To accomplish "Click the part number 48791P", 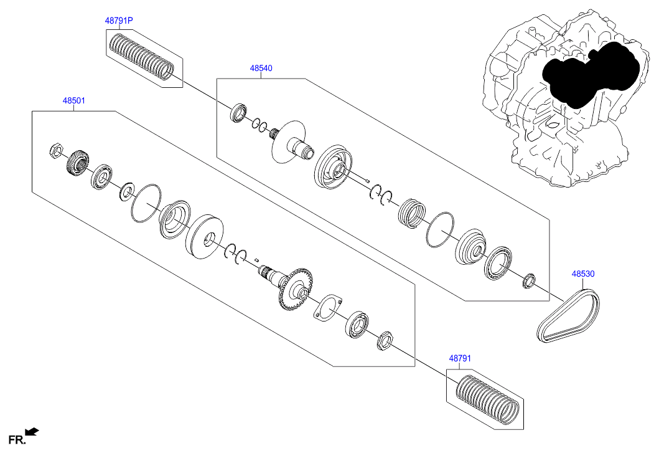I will [x=118, y=21].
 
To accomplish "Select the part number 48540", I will [x=261, y=68].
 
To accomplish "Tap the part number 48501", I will [x=73, y=100].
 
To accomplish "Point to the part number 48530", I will [x=583, y=274].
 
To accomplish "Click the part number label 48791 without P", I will [x=461, y=358].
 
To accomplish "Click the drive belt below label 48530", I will [x=569, y=315].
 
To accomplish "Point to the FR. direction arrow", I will [x=32, y=431].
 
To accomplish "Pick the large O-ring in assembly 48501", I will [x=146, y=203].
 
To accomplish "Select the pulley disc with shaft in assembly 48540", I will [x=292, y=143].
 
